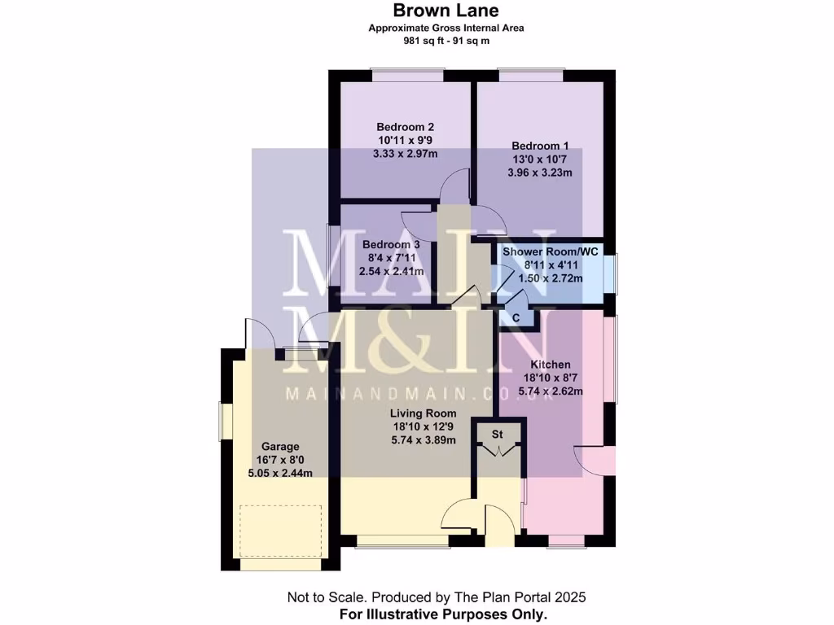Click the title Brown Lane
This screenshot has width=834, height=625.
point(446,11)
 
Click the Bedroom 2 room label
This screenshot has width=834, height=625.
point(405,127)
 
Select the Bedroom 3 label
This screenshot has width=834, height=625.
point(391,244)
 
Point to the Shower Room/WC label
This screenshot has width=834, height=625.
point(551,252)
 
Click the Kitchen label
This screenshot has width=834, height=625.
point(551,365)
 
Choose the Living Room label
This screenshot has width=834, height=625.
point(423,413)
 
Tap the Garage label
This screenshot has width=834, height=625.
point(280,447)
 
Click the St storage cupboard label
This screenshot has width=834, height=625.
point(498,435)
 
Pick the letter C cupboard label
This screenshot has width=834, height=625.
point(516,318)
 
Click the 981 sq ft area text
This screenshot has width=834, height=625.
point(417,41)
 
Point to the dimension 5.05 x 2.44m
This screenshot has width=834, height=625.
point(280,473)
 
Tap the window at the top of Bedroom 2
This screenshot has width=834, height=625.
point(407,74)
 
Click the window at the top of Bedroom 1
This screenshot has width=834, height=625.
point(530,74)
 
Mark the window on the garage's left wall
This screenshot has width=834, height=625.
point(226,421)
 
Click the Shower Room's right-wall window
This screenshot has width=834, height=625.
point(614,273)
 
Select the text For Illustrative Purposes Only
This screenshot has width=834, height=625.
point(443,614)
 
